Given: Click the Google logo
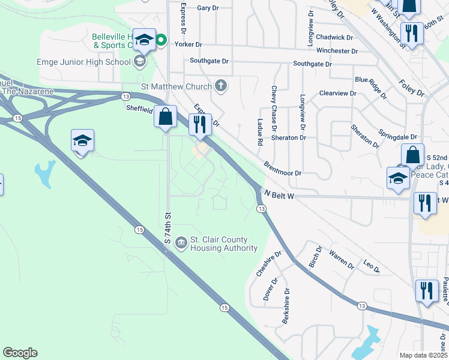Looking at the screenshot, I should (x=20, y=353).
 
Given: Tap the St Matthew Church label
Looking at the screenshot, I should (x=176, y=86).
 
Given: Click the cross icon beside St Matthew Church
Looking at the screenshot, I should (x=221, y=85).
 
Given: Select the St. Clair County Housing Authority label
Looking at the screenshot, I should (x=223, y=244).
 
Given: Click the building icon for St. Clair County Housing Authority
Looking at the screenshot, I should (x=181, y=243).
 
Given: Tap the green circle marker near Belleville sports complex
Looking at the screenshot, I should (x=161, y=41).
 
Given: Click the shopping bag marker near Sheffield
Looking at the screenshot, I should (x=165, y=116).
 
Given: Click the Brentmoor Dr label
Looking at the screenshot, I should (x=282, y=168).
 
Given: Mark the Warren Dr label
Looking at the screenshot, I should (x=340, y=259).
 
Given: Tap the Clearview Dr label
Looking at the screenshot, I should (x=337, y=94).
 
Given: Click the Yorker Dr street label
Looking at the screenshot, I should (x=188, y=44).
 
